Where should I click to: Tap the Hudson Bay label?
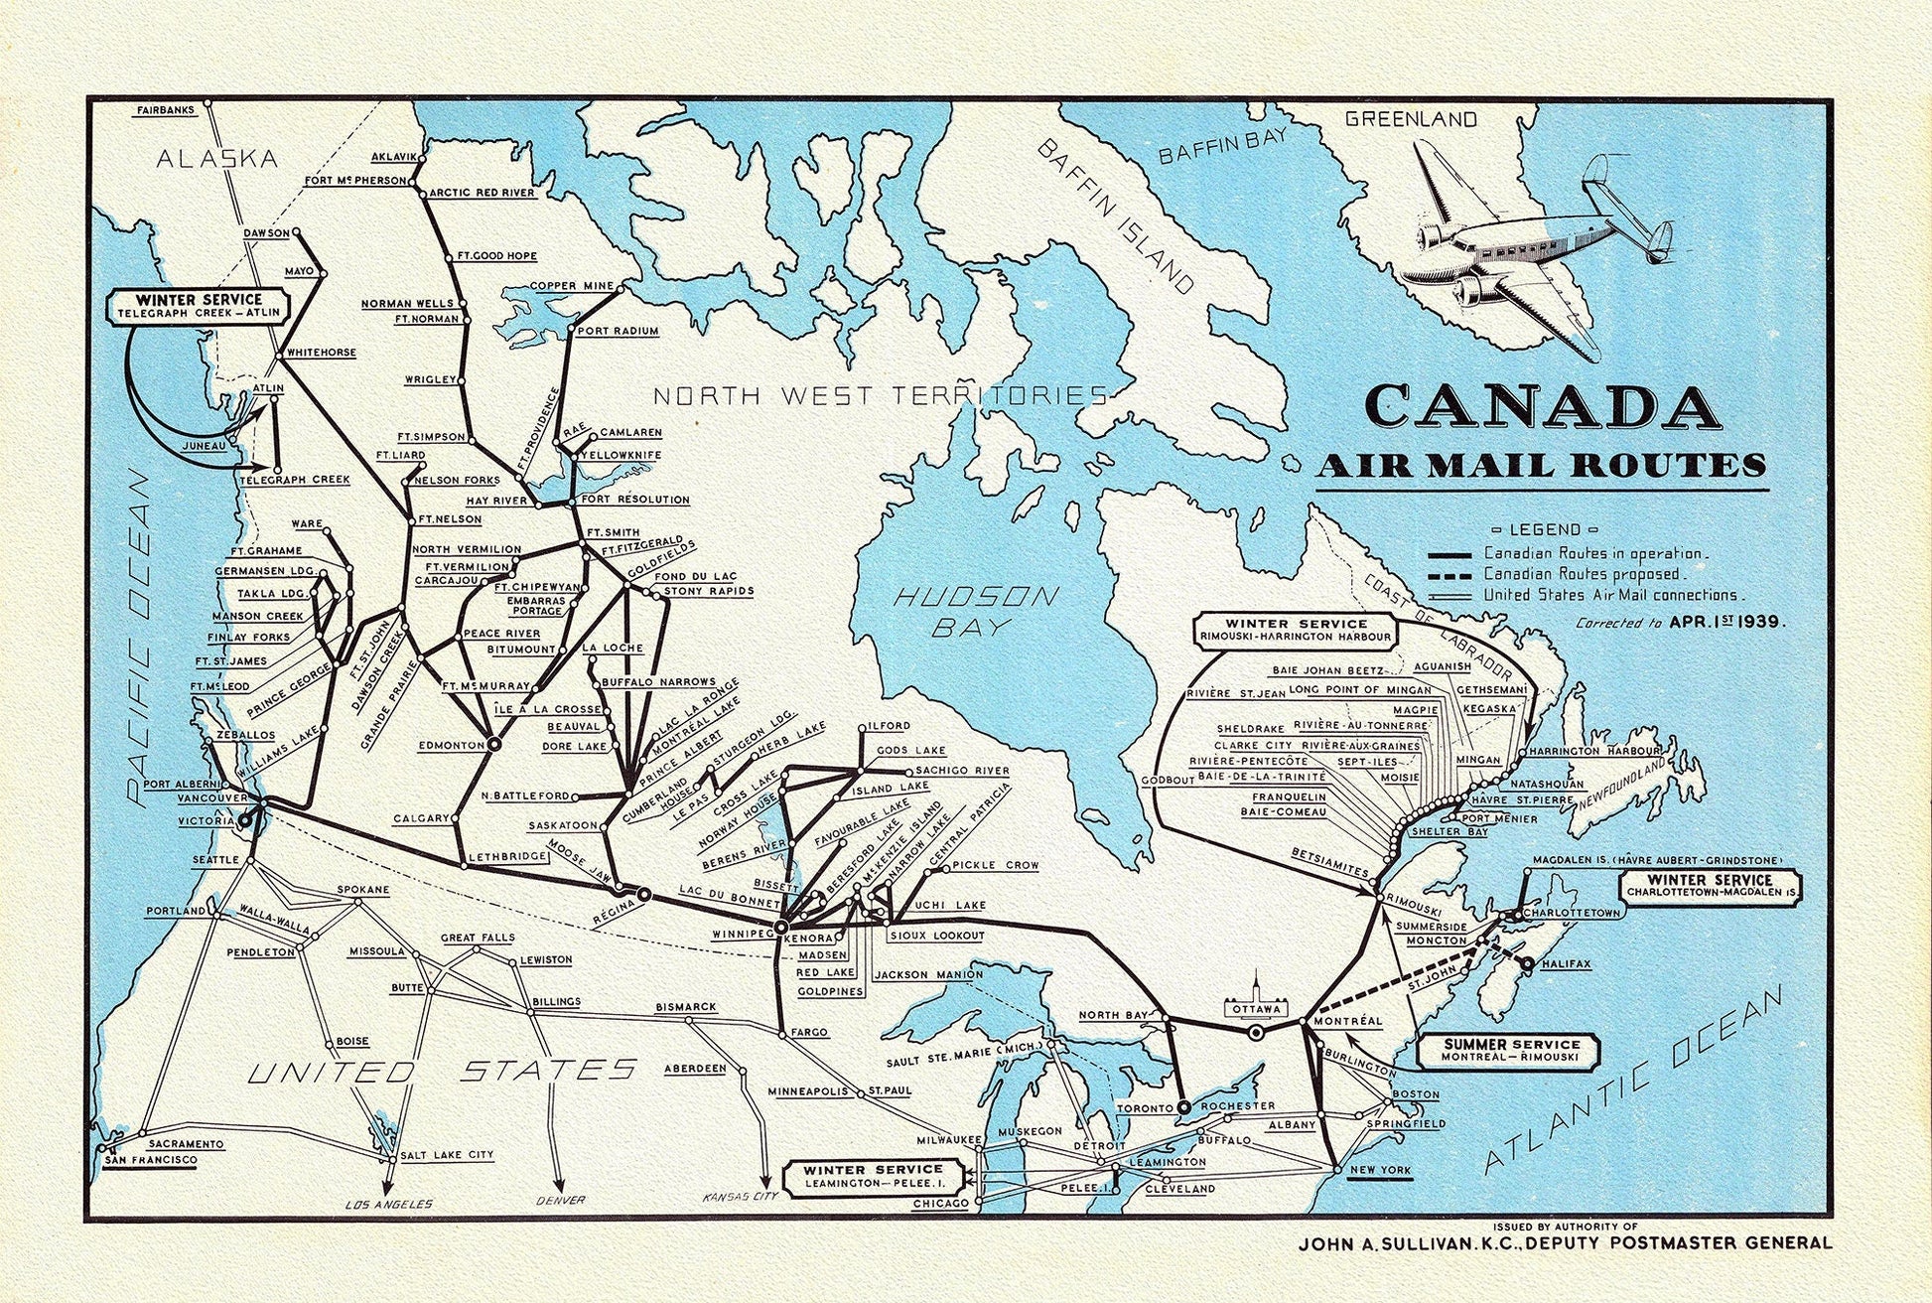tap(976, 610)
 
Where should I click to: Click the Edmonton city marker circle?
tap(492, 743)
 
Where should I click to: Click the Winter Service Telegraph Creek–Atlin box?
tap(200, 305)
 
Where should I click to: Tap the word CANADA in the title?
tap(1542, 406)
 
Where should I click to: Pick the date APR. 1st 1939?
tap(1726, 623)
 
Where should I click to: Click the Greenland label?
tap(1410, 119)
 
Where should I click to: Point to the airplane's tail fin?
tap(1660, 240)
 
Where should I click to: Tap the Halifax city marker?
tap(1526, 962)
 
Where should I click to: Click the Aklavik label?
tap(392, 157)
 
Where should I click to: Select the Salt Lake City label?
tap(446, 1154)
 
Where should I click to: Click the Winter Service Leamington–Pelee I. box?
tap(874, 1176)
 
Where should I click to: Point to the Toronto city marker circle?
tap(1183, 1105)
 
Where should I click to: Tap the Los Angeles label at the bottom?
tap(388, 1204)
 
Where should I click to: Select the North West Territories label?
tap(880, 395)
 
